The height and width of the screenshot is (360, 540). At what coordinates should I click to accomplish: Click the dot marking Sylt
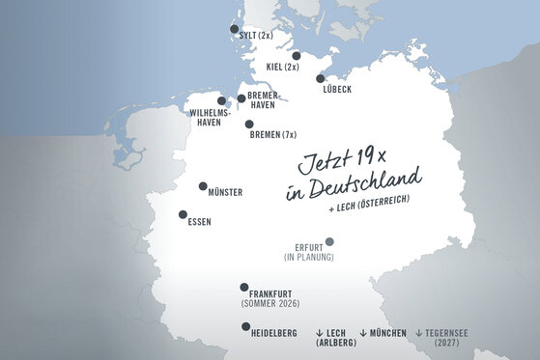click(233, 30)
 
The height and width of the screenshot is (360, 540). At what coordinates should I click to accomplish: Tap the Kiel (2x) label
click(282, 67)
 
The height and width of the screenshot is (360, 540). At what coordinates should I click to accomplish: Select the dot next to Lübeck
click(320, 80)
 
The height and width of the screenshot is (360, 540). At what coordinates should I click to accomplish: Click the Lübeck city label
click(332, 90)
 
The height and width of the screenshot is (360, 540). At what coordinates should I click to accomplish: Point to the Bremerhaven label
click(264, 100)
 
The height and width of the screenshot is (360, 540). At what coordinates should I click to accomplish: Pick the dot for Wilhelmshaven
click(221, 100)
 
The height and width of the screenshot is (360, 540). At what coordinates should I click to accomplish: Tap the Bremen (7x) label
click(274, 135)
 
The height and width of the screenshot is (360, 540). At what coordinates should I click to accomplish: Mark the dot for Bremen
click(249, 124)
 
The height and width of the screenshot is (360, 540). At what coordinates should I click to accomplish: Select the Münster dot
click(203, 186)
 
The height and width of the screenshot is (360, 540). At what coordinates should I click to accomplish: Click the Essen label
click(200, 222)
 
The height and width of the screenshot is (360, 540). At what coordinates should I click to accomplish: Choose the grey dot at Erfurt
click(329, 241)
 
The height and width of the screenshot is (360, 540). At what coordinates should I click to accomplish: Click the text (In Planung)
click(308, 257)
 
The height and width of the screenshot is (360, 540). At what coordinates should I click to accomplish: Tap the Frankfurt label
click(270, 293)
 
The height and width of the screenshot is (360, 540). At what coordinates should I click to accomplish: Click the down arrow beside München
click(362, 332)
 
